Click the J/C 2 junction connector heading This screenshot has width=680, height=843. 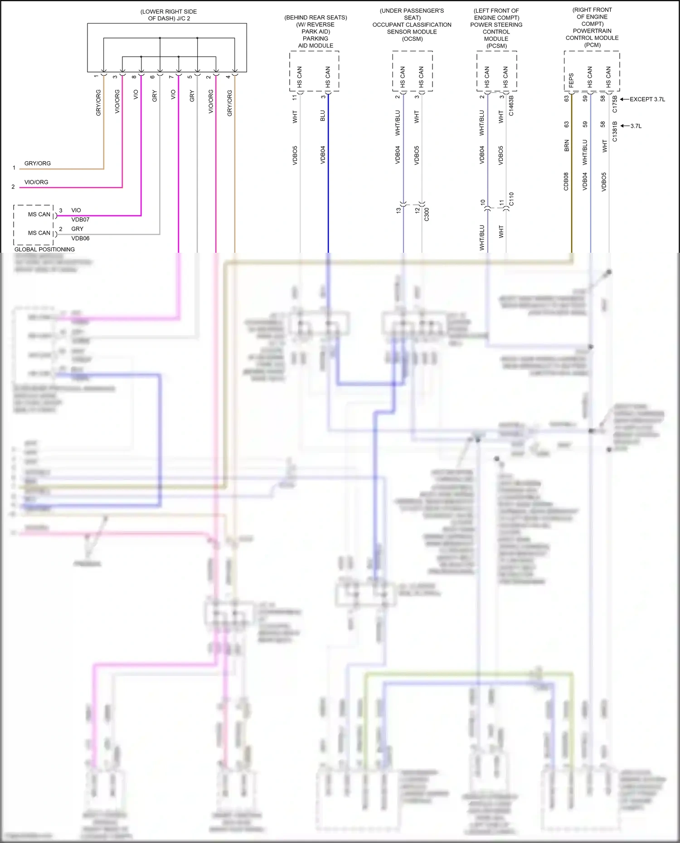[x=168, y=15]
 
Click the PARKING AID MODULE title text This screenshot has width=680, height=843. [x=316, y=42]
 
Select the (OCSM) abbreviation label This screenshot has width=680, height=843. [x=412, y=39]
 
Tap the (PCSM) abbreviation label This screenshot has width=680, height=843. [x=496, y=46]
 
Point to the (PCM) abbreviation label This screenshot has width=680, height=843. [x=592, y=45]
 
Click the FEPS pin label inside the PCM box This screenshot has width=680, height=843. [x=571, y=80]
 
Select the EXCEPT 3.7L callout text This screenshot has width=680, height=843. [x=647, y=99]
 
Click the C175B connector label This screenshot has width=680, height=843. [x=615, y=104]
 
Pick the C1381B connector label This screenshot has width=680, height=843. [x=615, y=131]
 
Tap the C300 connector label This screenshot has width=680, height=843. [x=427, y=214]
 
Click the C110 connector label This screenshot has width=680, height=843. [x=511, y=199]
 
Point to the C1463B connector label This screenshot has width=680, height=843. [x=511, y=106]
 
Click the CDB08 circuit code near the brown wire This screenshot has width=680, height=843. [x=566, y=181]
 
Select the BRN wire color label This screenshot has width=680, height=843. [x=566, y=145]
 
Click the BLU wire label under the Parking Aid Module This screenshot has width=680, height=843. [x=323, y=116]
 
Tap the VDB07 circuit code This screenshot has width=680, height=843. [x=80, y=220]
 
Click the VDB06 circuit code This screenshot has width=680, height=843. [x=80, y=238]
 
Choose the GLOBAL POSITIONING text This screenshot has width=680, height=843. [x=44, y=250]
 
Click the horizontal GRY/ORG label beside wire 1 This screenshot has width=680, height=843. [x=38, y=164]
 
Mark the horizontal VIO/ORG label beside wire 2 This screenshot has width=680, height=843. [x=36, y=182]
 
